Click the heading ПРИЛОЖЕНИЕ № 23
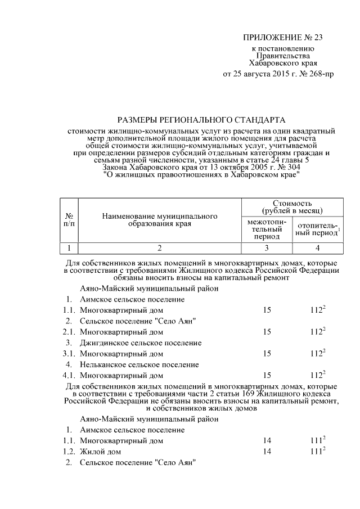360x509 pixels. [284, 38]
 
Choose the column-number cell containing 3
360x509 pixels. [267, 248]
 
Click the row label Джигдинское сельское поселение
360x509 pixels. [141, 343]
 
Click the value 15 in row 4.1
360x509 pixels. [267, 375]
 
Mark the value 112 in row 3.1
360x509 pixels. [317, 354]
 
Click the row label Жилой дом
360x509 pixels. [100, 452]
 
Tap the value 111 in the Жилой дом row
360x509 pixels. [317, 452]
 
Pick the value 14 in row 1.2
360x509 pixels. [267, 452]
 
